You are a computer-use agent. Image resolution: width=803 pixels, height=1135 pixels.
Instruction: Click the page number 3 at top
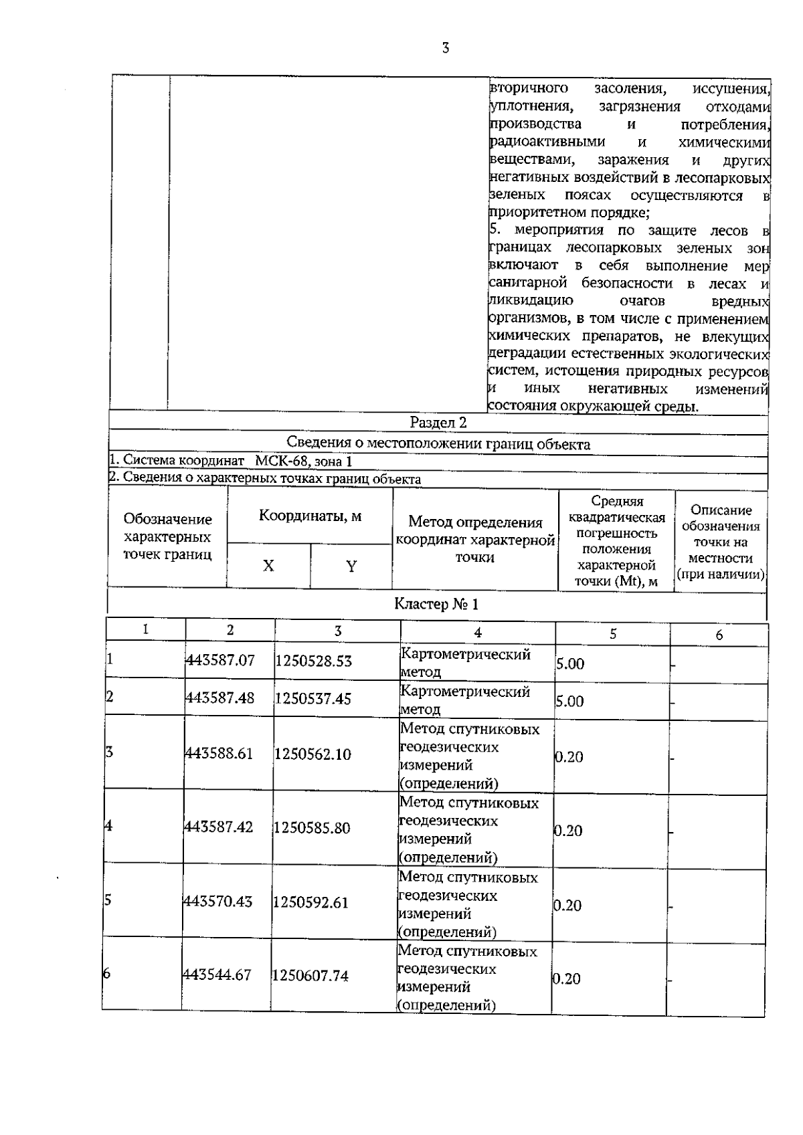pyautogui.click(x=445, y=48)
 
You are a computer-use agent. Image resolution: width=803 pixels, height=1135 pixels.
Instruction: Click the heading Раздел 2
pyautogui.click(x=438, y=423)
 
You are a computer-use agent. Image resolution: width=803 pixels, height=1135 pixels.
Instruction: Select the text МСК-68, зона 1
pyautogui.click(x=303, y=461)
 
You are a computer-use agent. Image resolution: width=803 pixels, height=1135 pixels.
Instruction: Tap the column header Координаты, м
pyautogui.click(x=310, y=516)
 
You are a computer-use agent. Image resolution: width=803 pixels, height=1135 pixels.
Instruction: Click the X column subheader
pyautogui.click(x=268, y=566)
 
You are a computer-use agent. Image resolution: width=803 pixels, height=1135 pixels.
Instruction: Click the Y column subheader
pyautogui.click(x=351, y=566)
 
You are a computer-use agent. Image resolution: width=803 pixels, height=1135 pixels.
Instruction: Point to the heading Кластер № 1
pyautogui.click(x=436, y=605)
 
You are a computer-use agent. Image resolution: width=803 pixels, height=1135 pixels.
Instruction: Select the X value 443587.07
pyautogui.click(x=220, y=661)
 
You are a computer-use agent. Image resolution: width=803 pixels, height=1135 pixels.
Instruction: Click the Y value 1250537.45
pyautogui.click(x=313, y=698)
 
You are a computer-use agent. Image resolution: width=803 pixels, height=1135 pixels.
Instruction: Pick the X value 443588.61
pyautogui.click(x=219, y=754)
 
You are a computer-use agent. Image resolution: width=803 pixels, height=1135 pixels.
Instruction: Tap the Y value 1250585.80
pyautogui.click(x=312, y=828)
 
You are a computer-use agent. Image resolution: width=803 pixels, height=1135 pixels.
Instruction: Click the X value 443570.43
pyautogui.click(x=218, y=902)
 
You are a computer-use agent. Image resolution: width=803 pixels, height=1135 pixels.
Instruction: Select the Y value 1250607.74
pyautogui.click(x=310, y=976)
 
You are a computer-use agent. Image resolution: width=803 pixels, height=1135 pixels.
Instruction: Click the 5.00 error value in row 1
pyautogui.click(x=569, y=664)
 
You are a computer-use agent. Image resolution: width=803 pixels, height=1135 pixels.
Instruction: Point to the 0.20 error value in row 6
pyautogui.click(x=566, y=979)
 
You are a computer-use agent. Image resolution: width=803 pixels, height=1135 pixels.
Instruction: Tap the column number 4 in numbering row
pyautogui.click(x=477, y=633)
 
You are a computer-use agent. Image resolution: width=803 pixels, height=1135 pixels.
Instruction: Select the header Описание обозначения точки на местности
pyautogui.click(x=721, y=542)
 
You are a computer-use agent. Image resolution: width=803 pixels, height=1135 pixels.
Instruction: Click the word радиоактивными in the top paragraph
pyautogui.click(x=547, y=142)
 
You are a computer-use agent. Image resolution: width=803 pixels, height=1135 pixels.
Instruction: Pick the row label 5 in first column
pyautogui.click(x=107, y=900)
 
